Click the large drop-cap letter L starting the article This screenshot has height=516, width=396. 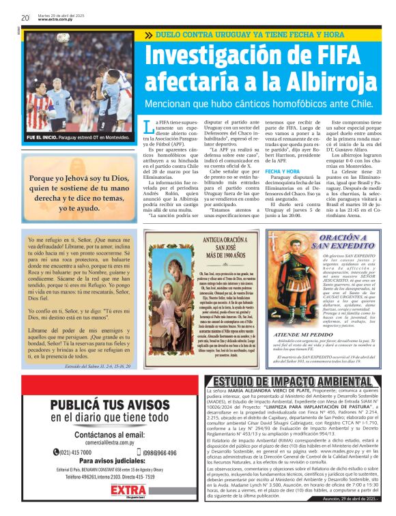tap(149, 127)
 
